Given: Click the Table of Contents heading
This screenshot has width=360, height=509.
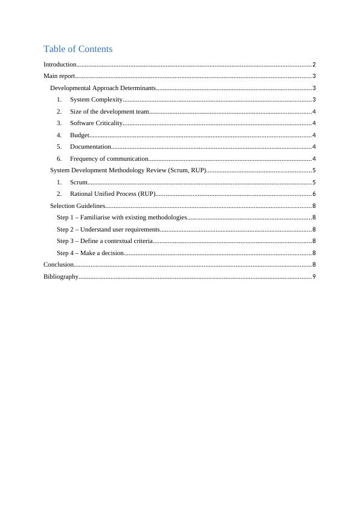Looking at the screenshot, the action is click(x=78, y=49).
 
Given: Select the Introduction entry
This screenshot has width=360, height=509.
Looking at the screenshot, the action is click(x=60, y=64).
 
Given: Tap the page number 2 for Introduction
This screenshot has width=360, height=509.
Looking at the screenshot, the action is click(x=314, y=64).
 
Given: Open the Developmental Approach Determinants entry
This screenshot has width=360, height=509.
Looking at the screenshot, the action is click(x=103, y=88).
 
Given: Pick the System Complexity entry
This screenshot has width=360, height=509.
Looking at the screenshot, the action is click(x=96, y=100).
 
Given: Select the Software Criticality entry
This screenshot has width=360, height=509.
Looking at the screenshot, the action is click(x=96, y=123).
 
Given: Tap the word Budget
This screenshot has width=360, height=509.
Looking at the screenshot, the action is click(x=80, y=135).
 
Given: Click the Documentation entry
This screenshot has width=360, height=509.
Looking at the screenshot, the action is click(x=90, y=147).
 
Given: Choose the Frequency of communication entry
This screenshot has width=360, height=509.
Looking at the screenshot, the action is click(x=109, y=158).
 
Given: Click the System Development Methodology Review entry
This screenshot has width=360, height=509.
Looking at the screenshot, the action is click(x=128, y=170).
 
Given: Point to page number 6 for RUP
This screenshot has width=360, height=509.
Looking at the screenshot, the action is click(x=314, y=194).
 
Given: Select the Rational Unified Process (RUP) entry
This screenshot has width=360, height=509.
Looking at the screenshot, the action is click(x=112, y=194).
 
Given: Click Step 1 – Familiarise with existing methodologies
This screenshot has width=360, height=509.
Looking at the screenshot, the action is click(x=121, y=218).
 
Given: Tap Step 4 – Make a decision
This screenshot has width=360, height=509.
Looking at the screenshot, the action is click(x=90, y=253).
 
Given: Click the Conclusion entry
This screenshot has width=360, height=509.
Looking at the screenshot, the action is click(x=58, y=265).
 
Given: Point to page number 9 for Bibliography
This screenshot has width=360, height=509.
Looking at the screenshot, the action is click(x=314, y=276).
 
